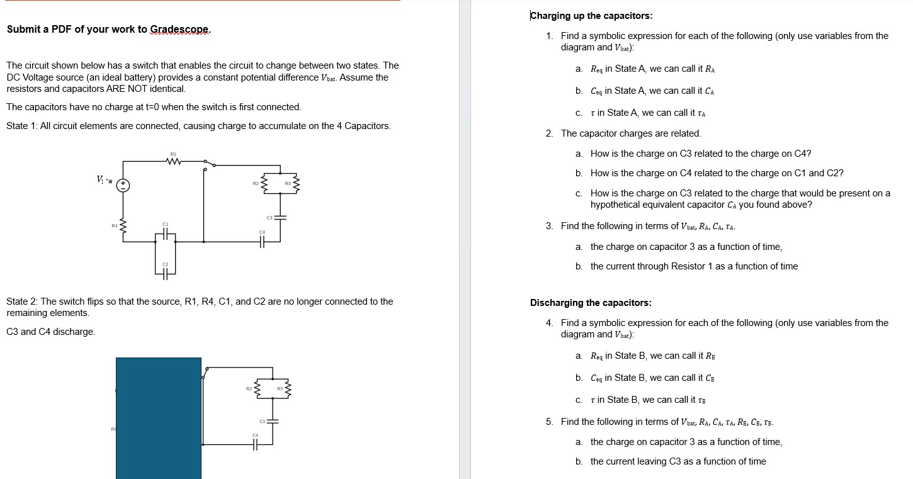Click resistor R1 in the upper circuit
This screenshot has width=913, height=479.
(173, 161)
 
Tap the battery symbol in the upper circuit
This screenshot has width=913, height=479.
(124, 185)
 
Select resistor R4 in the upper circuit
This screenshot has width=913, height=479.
(124, 225)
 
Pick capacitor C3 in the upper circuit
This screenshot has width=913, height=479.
(280, 217)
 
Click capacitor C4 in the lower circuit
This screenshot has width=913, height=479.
(255, 444)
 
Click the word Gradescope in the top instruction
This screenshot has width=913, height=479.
(180, 30)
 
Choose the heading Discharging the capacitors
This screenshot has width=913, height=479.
(591, 303)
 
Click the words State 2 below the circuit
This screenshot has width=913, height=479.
(22, 301)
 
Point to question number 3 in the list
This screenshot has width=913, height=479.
(550, 226)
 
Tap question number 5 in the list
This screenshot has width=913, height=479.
(550, 422)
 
